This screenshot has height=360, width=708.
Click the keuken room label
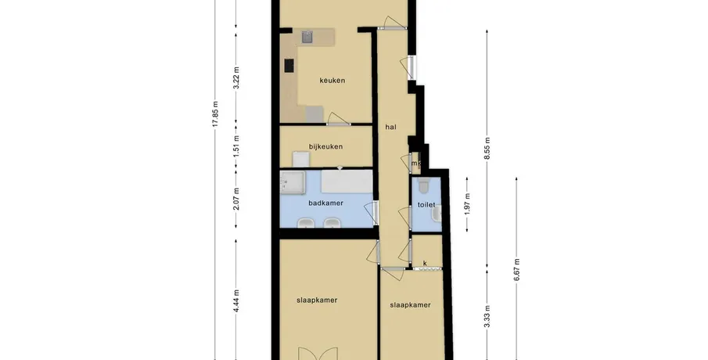click(332, 81)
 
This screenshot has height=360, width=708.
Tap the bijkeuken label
click(325, 146)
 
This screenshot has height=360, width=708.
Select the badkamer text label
click(325, 203)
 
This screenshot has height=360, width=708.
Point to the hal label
click(390, 127)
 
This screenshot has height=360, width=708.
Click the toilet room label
click(426, 204)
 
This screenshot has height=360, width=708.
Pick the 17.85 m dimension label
click(215, 113)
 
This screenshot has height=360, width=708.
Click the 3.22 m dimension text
click(236, 77)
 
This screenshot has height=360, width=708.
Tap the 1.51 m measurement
click(236, 146)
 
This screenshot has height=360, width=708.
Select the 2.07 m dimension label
click(236, 199)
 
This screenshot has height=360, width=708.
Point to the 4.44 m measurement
click(236, 301)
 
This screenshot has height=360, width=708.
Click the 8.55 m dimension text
click(487, 148)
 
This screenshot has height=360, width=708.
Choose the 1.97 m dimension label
click(467, 203)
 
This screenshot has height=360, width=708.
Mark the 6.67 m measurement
click(516, 269)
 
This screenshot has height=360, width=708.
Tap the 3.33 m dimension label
click(487, 317)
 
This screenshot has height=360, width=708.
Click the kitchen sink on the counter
click(307, 37)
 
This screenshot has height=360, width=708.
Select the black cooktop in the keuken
click(289, 66)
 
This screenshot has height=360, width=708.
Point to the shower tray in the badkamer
click(293, 182)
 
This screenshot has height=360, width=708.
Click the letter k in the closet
click(425, 263)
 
